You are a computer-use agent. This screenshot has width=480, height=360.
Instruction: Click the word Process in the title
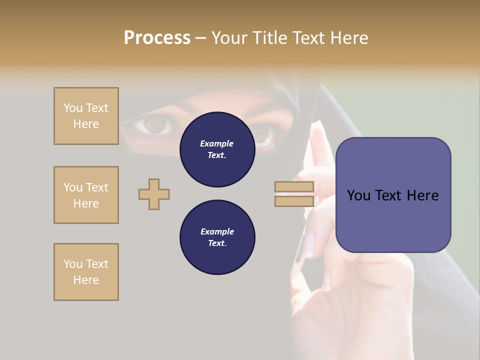click(157, 38)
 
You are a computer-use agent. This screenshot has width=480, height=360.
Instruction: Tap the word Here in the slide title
click(348, 38)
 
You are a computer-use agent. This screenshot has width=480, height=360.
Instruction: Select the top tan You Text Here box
click(86, 116)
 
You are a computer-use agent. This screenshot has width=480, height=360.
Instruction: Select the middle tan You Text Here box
click(86, 195)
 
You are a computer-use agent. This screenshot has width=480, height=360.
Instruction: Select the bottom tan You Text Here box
click(86, 272)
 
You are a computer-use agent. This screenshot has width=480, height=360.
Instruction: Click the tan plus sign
click(154, 194)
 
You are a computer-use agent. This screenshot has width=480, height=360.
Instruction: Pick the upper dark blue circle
click(217, 149)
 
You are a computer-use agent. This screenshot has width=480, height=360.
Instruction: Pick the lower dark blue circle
click(217, 237)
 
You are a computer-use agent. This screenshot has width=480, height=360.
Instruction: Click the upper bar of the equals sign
click(294, 187)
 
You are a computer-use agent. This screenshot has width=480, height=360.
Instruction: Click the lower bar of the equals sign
click(294, 201)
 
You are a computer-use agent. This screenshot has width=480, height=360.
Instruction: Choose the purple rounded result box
click(393, 195)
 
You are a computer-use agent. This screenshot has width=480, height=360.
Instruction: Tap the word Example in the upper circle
click(217, 143)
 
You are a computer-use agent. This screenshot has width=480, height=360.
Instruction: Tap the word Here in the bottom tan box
click(86, 280)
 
